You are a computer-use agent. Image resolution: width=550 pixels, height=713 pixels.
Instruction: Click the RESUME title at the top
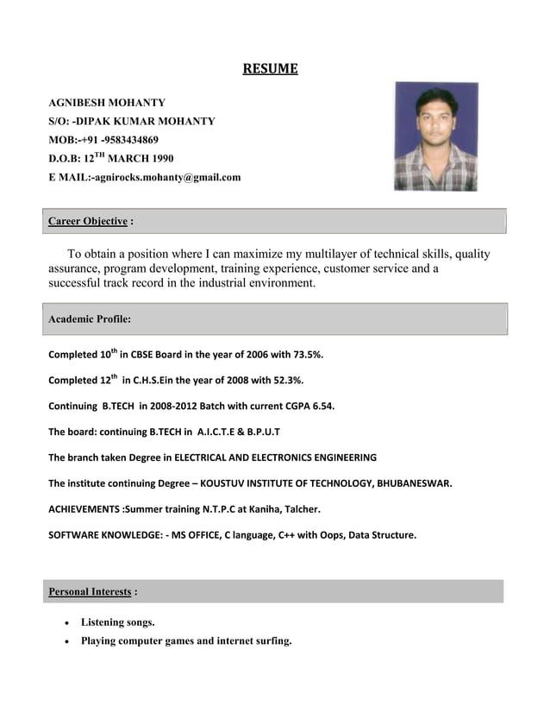pyautogui.click(x=270, y=69)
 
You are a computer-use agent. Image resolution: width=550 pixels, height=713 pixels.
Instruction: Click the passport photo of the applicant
pyautogui.click(x=435, y=136)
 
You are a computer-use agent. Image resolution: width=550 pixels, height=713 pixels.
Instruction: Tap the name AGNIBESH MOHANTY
pyautogui.click(x=106, y=103)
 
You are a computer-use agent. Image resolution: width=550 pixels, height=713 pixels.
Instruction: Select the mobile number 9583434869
pyautogui.click(x=130, y=140)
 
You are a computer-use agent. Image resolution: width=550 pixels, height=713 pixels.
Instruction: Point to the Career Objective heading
pyautogui.click(x=88, y=221)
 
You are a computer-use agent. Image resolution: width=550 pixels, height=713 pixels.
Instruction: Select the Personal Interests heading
pyautogui.click(x=90, y=592)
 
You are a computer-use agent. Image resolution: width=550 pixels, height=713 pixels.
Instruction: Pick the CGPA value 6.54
pyautogui.click(x=319, y=406)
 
